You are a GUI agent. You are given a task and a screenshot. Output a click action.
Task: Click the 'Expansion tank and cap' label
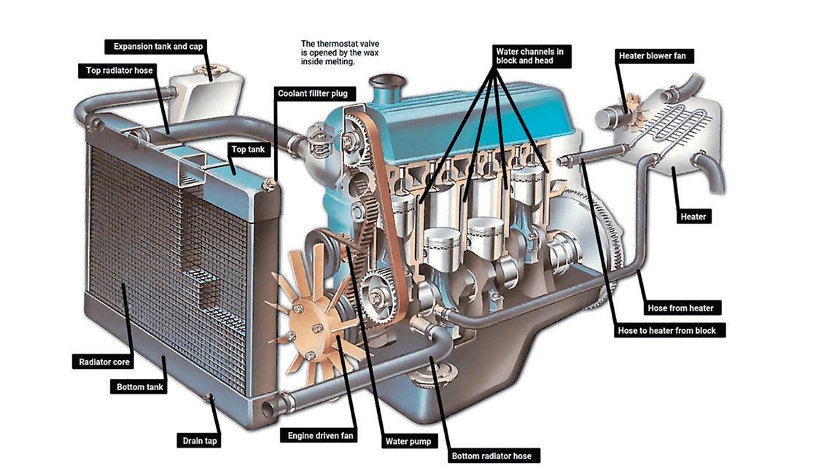[158, 47]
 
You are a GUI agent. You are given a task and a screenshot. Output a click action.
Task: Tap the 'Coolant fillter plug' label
[317, 93]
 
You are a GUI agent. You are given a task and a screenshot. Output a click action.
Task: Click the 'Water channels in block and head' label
[531, 56]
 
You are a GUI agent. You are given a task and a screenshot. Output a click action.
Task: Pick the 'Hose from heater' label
[680, 308]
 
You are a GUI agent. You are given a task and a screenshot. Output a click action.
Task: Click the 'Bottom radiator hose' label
[491, 456]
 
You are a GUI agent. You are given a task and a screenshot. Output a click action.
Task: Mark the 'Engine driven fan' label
[318, 436]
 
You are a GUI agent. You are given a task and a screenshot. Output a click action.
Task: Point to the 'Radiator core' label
[105, 362]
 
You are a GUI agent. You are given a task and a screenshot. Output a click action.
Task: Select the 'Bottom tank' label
[141, 387]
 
